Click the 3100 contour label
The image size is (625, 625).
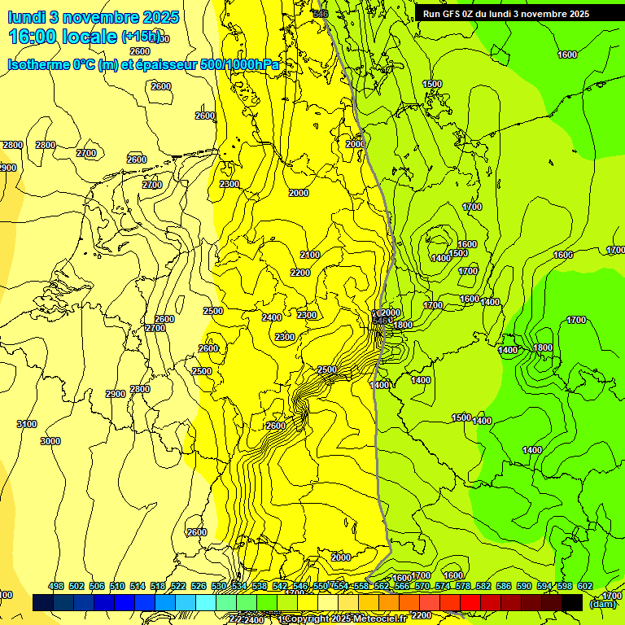tap(27, 424)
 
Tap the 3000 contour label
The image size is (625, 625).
tap(50, 441)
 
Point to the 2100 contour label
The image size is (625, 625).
tap(310, 255)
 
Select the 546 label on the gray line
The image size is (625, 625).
tap(320, 13)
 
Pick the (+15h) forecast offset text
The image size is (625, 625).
tap(140, 37)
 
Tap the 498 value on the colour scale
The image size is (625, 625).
tap(56, 586)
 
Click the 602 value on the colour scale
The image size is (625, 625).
tap(585, 586)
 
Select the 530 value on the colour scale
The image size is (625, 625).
tap(219, 586)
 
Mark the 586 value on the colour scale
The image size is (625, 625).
tap(504, 586)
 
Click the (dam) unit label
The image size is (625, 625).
tap(602, 604)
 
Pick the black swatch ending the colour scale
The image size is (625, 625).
tap(572, 602)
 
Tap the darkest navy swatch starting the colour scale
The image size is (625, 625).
tap(43, 602)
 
